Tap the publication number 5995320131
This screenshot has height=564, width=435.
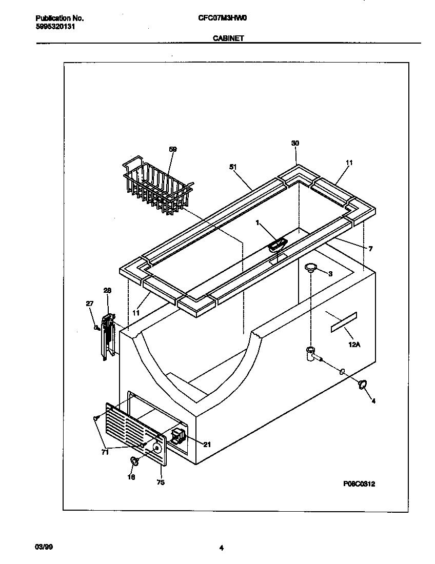coord(56,27)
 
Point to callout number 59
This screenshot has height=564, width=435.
coord(172,149)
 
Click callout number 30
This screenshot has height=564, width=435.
coord(295,143)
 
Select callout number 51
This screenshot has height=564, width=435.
coord(234,166)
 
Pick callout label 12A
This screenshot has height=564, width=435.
coord(354,345)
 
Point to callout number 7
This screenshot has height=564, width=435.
coord(370,249)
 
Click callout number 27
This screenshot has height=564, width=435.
coord(90,304)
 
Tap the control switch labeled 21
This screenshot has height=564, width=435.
coord(178,436)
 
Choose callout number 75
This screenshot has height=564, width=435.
coord(161,482)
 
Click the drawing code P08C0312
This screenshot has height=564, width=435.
coord(360,484)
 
